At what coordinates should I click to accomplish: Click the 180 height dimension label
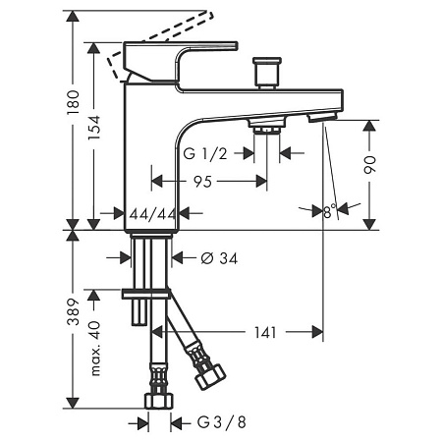73,102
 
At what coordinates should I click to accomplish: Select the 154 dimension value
94,128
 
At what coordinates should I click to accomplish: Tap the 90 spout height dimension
369,165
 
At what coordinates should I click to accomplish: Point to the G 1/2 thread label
205,153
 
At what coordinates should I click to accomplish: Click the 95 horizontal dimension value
202,182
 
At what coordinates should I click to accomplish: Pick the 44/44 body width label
152,214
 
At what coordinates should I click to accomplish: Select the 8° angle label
330,211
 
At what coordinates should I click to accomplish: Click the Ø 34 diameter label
219,258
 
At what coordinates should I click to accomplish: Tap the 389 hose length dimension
73,311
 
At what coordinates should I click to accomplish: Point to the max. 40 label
94,349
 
